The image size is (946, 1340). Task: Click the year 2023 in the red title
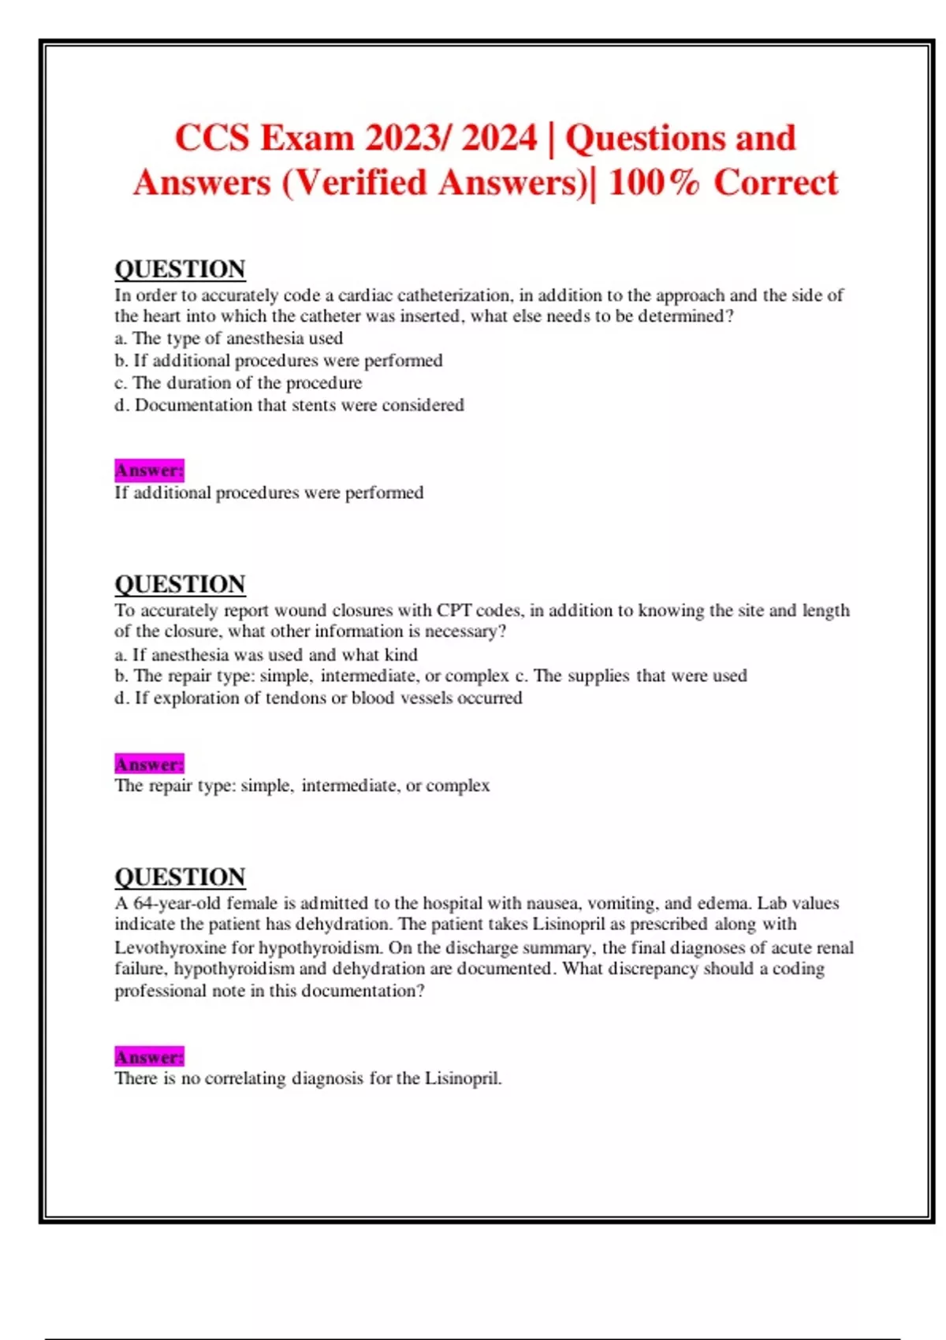coord(404,138)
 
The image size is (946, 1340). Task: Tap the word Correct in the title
coord(776,183)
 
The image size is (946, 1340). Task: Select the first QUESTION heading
coord(180,270)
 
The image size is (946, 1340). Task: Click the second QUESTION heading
coord(180,585)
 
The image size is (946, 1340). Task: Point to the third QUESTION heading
coord(180,877)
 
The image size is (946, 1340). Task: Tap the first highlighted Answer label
coord(149,471)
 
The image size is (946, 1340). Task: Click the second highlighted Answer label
coord(149,764)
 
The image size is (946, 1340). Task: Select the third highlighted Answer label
coord(149,1056)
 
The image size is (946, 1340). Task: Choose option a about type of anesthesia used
coord(229,338)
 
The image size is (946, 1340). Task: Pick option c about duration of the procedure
coord(238,383)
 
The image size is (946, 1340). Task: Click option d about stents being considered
coord(289,405)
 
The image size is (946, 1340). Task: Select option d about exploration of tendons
coord(318,698)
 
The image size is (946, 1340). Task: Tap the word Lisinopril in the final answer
coord(463,1078)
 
